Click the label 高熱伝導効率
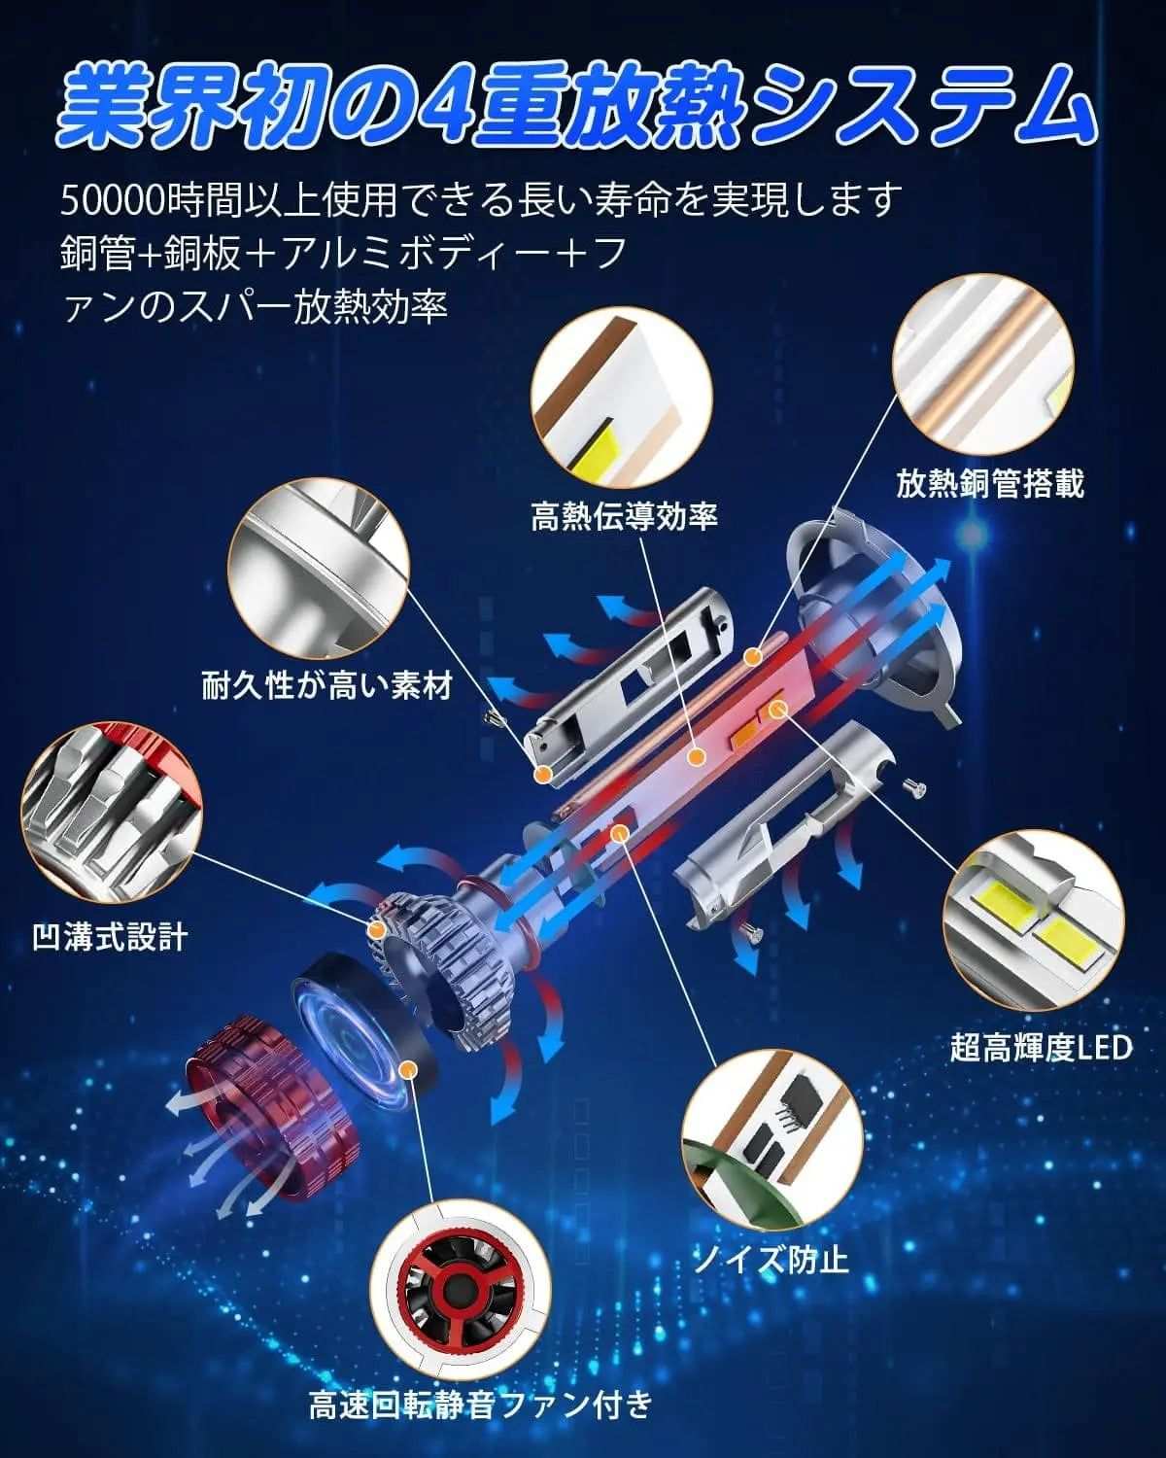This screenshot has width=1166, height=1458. [x=624, y=517]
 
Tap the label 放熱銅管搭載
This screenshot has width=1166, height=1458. [x=990, y=484]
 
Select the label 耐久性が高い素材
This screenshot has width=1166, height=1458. [x=327, y=686]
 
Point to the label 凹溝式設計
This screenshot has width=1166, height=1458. [x=110, y=937]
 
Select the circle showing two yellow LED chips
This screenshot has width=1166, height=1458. [x=1033, y=920]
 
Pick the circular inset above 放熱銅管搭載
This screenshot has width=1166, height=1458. [x=983, y=364]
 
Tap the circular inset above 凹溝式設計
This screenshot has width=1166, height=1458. [x=112, y=813]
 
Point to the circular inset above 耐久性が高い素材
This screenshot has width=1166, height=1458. [x=319, y=570]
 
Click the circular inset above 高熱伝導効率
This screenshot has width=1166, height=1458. [x=621, y=398]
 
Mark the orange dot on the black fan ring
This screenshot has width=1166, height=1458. [x=407, y=1069]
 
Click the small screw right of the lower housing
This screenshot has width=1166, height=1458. [x=915, y=786]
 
